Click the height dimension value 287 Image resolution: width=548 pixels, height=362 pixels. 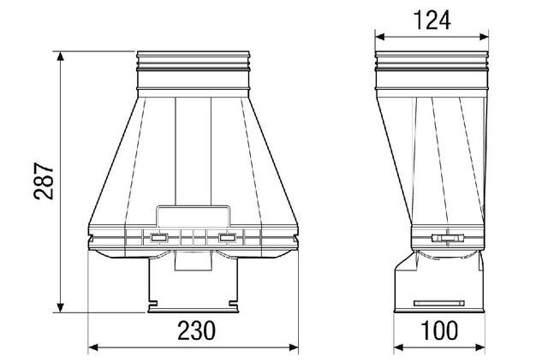click(x=43, y=182)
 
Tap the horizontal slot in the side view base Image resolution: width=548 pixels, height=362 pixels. click(x=438, y=303)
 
